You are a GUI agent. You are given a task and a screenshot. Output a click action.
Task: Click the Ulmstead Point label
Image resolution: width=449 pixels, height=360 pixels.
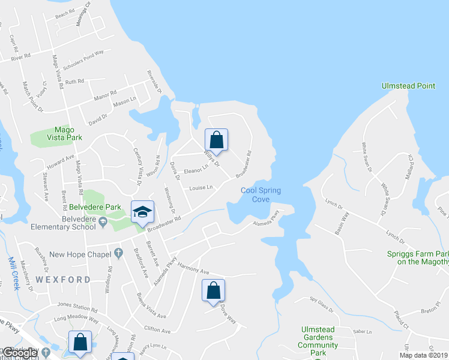408,86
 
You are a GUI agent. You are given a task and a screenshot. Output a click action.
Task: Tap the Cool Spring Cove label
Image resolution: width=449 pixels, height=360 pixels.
261,195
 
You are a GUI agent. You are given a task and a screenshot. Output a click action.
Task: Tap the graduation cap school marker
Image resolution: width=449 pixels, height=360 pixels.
142,212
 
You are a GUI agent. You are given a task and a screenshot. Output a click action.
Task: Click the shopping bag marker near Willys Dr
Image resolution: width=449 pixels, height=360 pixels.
217,140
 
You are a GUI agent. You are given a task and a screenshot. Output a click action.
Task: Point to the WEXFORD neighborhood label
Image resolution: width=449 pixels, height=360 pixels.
62,280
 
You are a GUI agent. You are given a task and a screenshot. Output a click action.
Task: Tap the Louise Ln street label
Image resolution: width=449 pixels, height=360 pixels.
201,188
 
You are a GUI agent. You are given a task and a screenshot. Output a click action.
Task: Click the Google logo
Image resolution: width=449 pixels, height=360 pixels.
20,352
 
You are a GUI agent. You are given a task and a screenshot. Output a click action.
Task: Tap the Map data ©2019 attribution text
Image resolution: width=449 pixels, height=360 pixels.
423,355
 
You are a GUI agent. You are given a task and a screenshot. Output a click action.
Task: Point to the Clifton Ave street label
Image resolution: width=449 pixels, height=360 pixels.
157,330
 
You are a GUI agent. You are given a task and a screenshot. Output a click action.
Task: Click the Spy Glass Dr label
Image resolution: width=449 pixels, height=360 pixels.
321,306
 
